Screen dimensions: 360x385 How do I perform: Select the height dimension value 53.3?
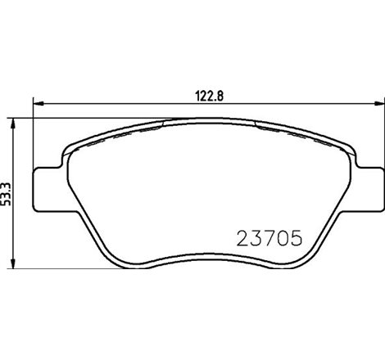6,194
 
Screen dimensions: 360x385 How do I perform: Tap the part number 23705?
269,237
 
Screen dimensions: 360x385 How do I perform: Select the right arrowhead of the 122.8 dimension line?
378,103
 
